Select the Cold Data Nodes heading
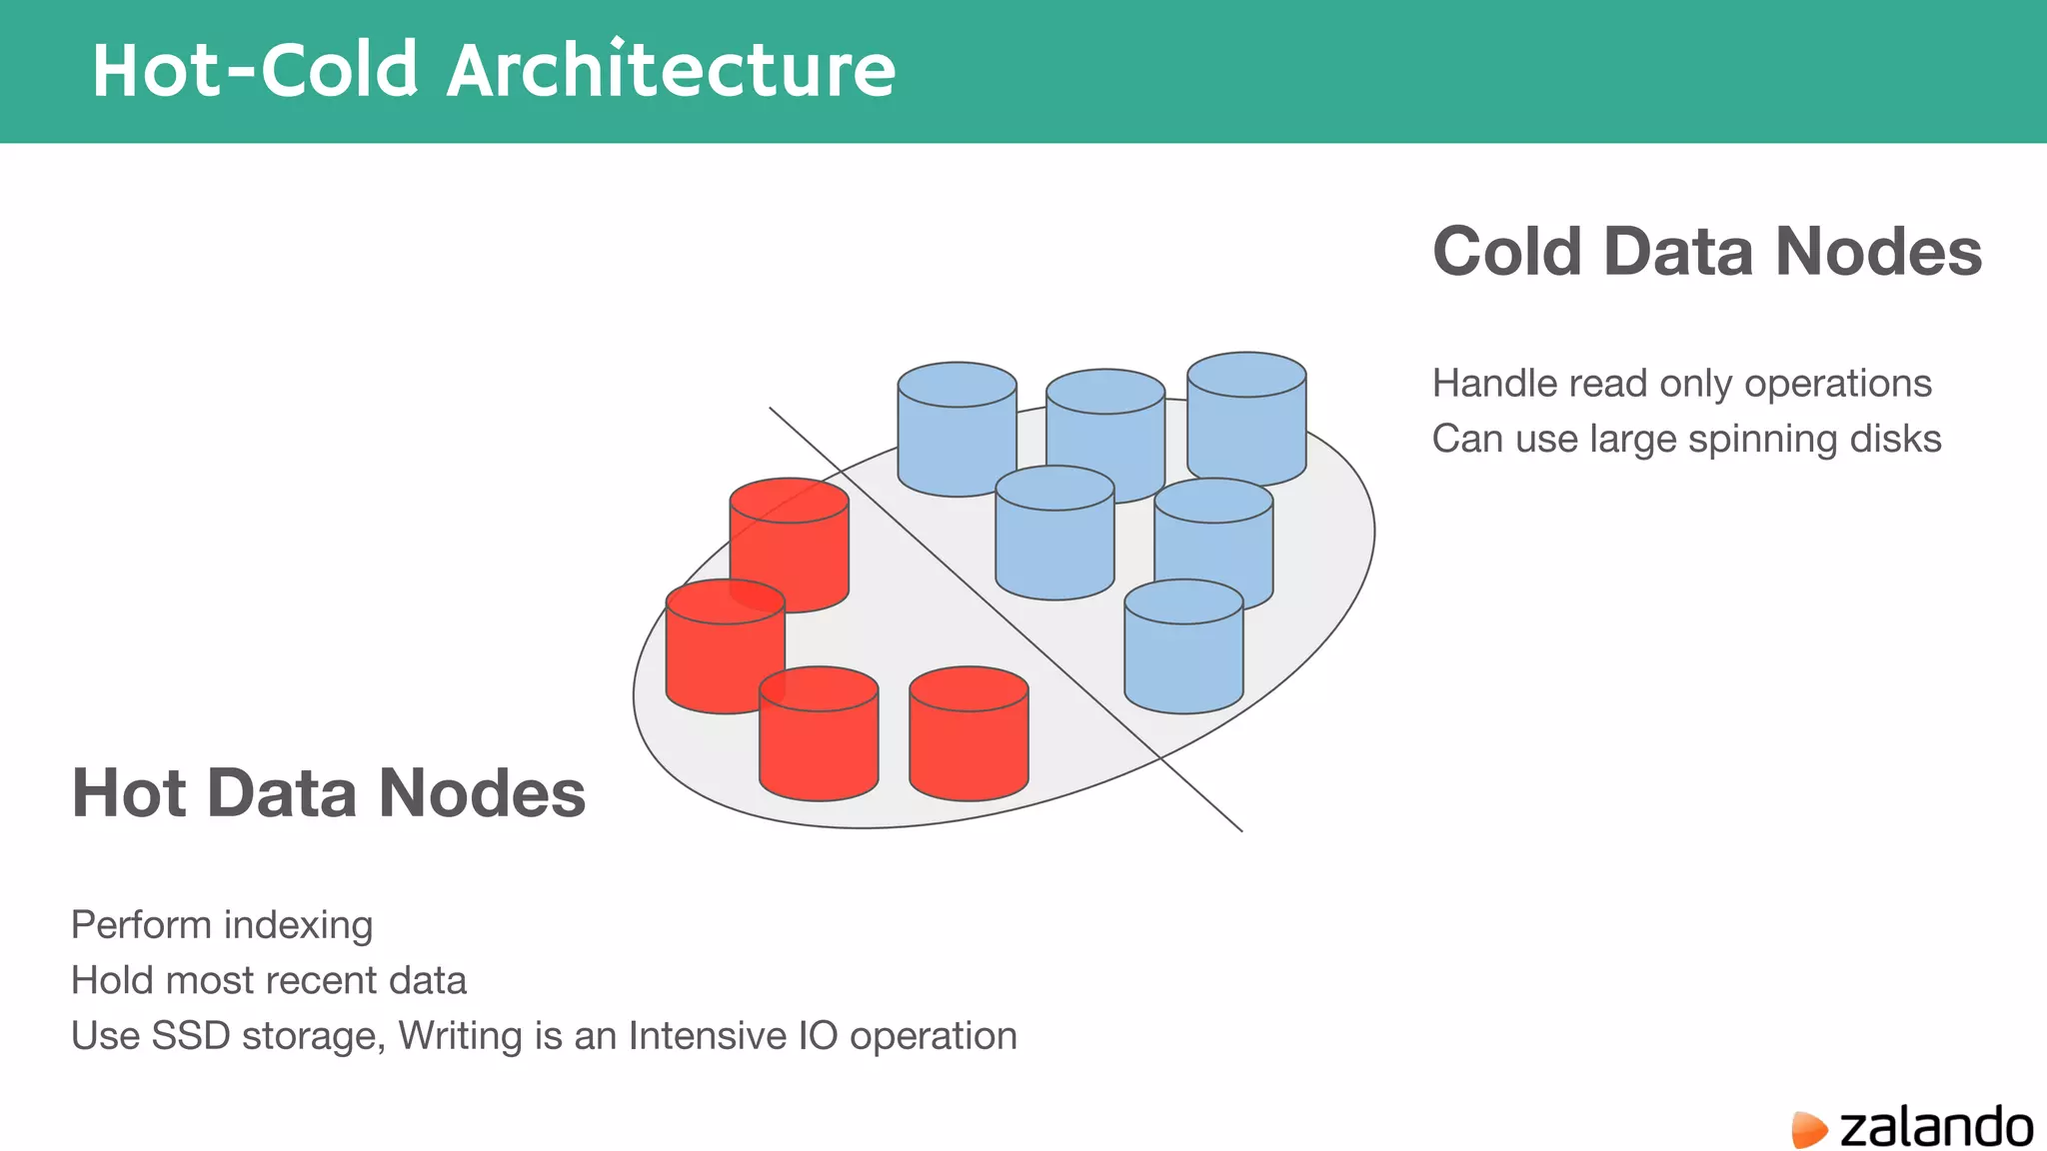[1706, 251]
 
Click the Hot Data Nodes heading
[328, 793]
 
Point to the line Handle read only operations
[1681, 384]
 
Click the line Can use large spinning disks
[1686, 439]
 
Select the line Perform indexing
[222, 925]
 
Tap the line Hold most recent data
[268, 980]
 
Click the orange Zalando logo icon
[1808, 1129]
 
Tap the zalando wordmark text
[1935, 1127]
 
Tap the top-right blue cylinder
[1246, 420]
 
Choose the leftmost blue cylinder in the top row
[957, 430]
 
